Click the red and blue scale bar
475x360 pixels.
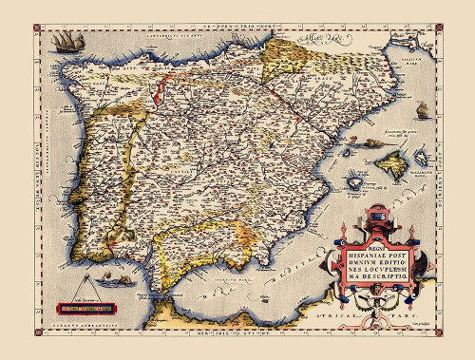pos(84,307)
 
